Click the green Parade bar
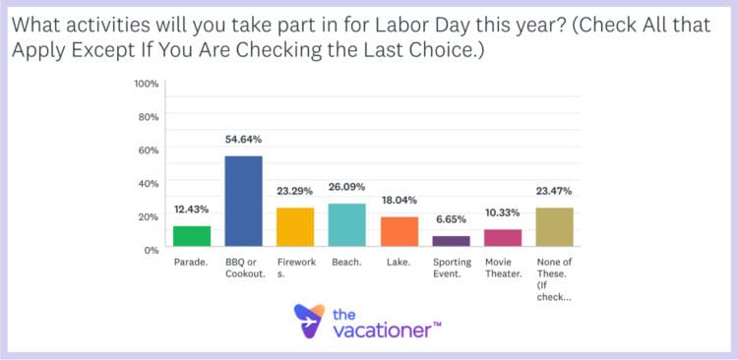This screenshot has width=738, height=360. coord(192,236)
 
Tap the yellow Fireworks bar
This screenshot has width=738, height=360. coord(295,227)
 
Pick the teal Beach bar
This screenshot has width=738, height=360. coord(346,225)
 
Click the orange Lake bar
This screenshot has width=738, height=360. coord(400,231)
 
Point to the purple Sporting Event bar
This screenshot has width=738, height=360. coord(452,241)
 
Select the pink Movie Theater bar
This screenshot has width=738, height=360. coord(503,237)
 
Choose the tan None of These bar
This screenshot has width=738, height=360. coord(555,227)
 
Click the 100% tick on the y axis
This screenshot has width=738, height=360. coord(147,84)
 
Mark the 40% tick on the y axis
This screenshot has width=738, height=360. coord(149,183)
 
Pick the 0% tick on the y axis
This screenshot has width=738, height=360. coord(152,250)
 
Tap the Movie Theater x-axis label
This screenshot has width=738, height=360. coord(503,269)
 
